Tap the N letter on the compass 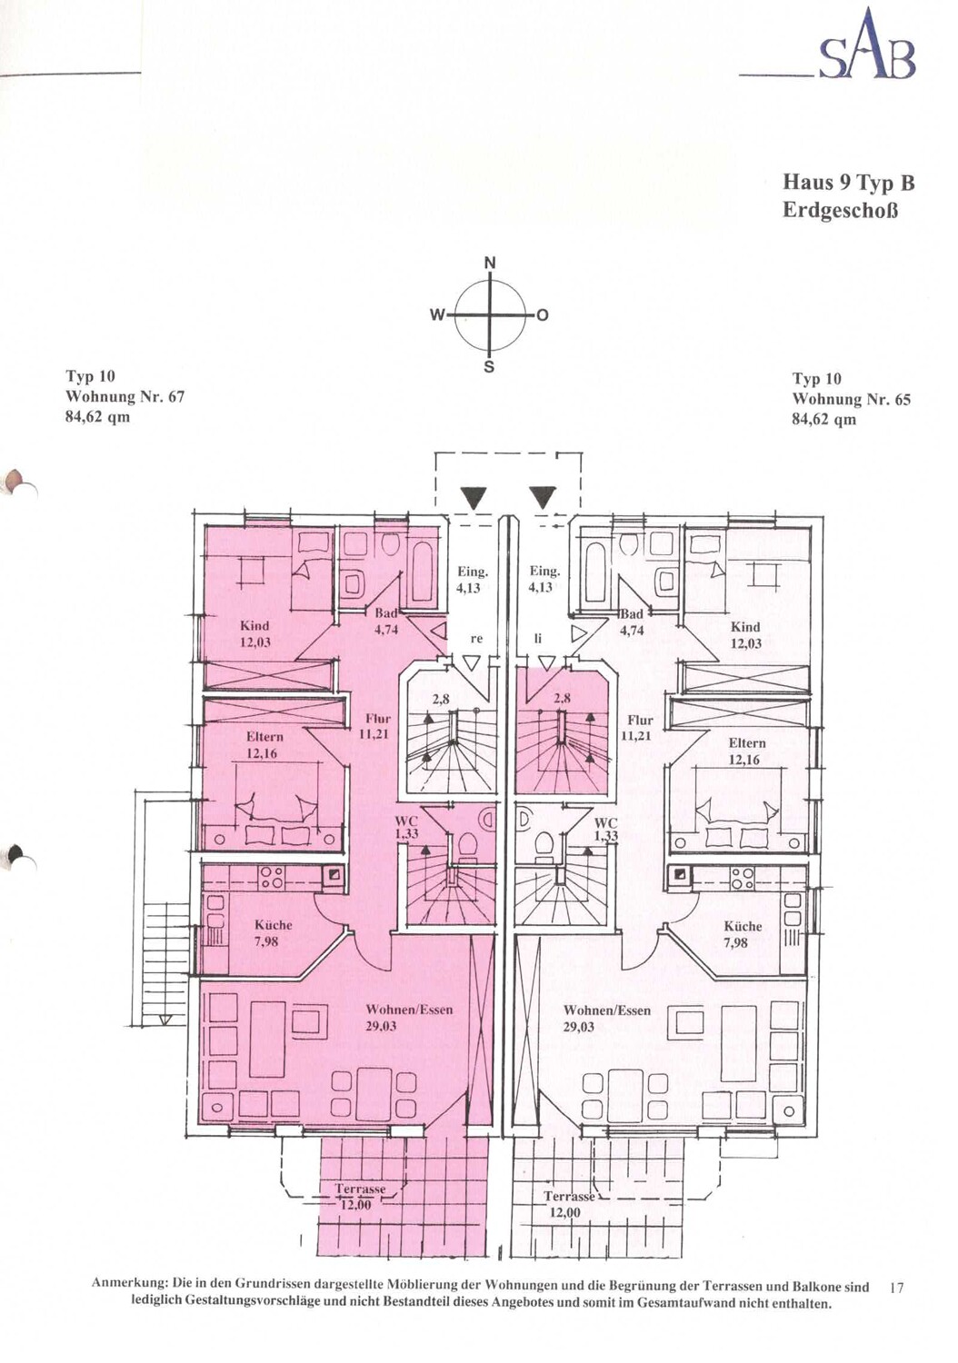click(x=489, y=264)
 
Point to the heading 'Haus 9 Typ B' click(x=848, y=183)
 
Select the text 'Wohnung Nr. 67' click(x=125, y=397)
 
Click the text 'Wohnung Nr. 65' click(x=851, y=400)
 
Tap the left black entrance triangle click(x=474, y=498)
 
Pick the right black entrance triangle click(x=543, y=498)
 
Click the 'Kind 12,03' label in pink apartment click(x=254, y=632)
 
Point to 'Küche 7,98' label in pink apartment click(x=274, y=933)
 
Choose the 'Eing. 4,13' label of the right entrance click(x=544, y=579)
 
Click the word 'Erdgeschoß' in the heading click(x=839, y=211)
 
